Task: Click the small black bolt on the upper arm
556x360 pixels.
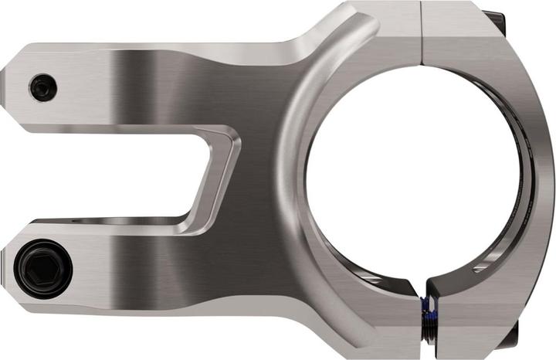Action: coord(43,87)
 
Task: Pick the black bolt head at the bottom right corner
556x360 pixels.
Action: coord(510,335)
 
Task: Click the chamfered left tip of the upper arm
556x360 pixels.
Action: coord(9,78)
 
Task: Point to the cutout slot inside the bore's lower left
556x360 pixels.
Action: coord(363,274)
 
